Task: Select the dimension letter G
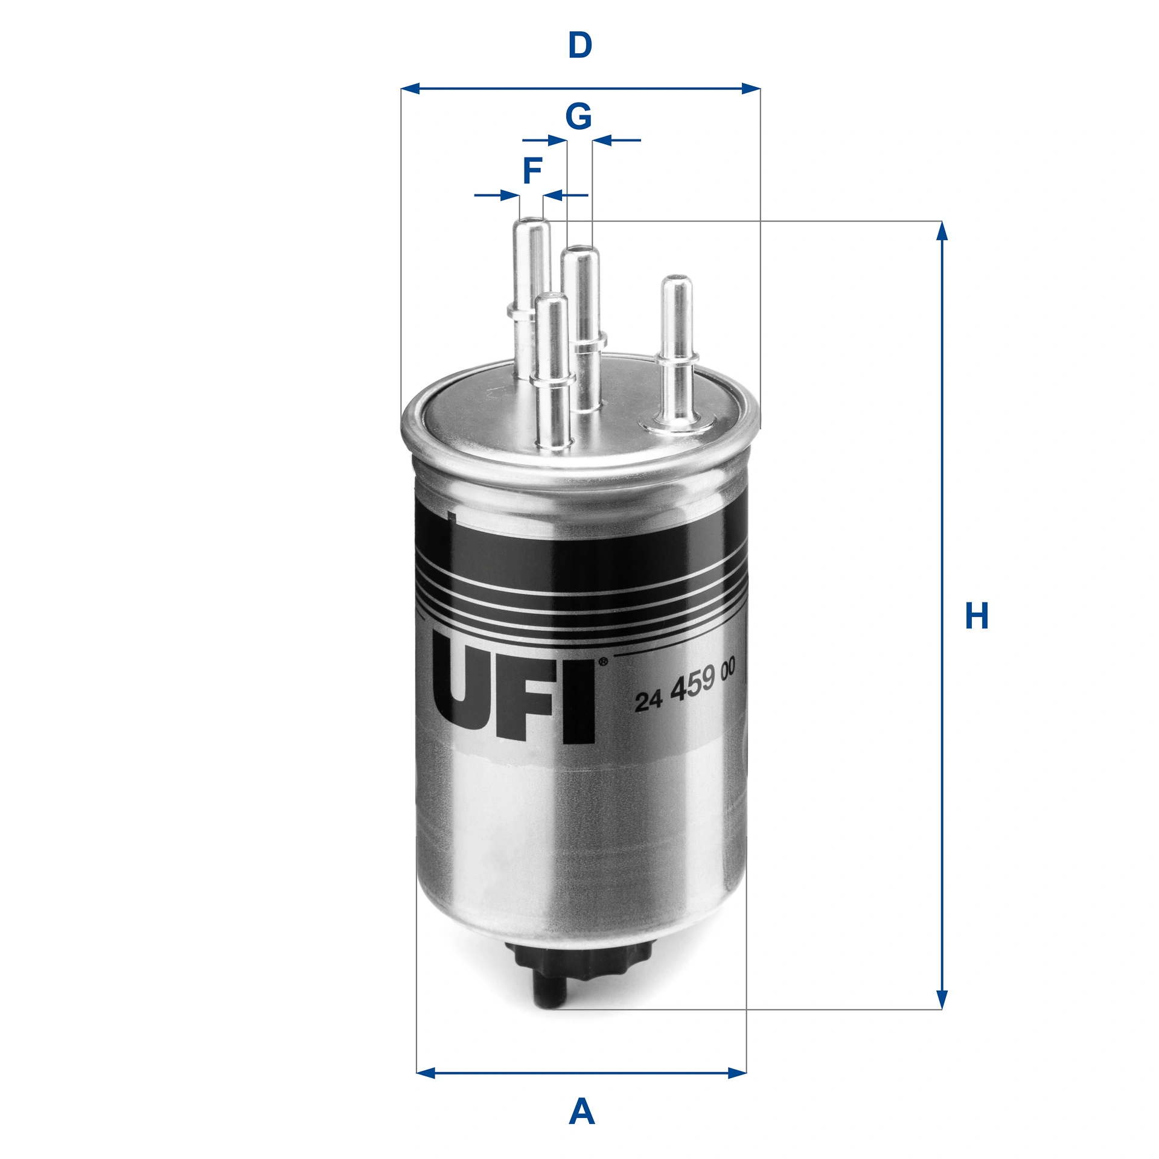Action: pyautogui.click(x=578, y=116)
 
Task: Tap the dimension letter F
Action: pyautogui.click(x=532, y=171)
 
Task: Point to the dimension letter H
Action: pyautogui.click(x=977, y=616)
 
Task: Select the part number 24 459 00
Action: pyautogui.click(x=685, y=688)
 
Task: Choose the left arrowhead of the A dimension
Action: pyautogui.click(x=426, y=1073)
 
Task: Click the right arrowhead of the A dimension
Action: pyautogui.click(x=738, y=1073)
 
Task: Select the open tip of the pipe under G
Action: pyautogui.click(x=579, y=249)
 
